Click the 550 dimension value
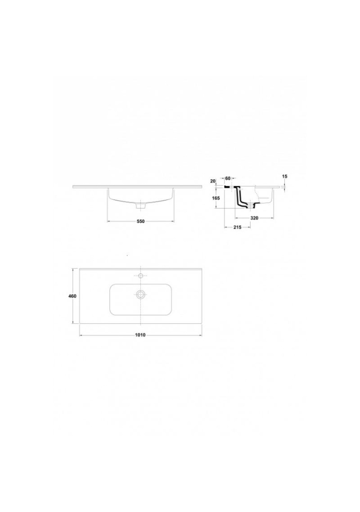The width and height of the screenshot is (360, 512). click(x=140, y=221)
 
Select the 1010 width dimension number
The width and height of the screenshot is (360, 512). click(x=140, y=335)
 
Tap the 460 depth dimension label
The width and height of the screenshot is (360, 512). click(x=72, y=296)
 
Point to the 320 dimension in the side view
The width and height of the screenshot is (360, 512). click(x=254, y=218)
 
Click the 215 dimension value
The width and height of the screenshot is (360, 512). click(x=237, y=227)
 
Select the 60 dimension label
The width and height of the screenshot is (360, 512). click(x=228, y=178)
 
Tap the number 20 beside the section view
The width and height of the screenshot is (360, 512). click(x=213, y=181)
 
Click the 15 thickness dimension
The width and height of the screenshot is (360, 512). click(x=284, y=177)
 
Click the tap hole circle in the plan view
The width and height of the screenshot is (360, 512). click(x=140, y=276)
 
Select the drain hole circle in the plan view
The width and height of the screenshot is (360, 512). click(x=140, y=294)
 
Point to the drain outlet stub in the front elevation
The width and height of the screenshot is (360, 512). click(x=141, y=206)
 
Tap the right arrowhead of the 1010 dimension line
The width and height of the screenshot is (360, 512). click(x=200, y=335)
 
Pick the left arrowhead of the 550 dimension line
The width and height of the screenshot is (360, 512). click(x=109, y=221)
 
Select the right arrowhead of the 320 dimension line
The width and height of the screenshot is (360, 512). click(x=271, y=218)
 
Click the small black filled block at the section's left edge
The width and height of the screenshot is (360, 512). click(x=226, y=187)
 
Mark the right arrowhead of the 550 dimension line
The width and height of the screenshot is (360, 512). click(x=172, y=221)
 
